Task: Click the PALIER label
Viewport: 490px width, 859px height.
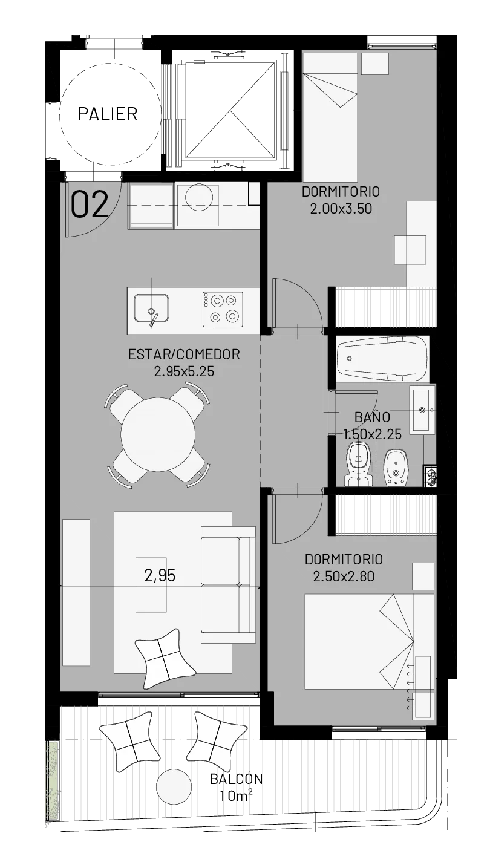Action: [x=107, y=114]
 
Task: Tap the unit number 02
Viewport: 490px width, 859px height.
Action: [x=90, y=205]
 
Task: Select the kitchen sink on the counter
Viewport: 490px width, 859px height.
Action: [x=151, y=309]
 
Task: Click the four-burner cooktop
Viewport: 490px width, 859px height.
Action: [x=223, y=310]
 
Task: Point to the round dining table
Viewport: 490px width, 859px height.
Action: [x=157, y=434]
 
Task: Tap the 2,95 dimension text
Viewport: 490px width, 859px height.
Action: [x=160, y=576]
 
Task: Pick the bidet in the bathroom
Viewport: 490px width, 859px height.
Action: [x=396, y=466]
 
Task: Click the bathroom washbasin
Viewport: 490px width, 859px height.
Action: [x=422, y=410]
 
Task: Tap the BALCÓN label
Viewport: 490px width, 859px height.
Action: [x=236, y=779]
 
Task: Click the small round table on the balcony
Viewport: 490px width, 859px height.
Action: [x=174, y=786]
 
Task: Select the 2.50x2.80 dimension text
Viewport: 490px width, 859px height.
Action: [x=344, y=576]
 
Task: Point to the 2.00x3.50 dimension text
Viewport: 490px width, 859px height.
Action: [x=341, y=209]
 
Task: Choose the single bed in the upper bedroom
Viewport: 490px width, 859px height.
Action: [x=330, y=117]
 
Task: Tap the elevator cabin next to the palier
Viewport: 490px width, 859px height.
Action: [x=230, y=109]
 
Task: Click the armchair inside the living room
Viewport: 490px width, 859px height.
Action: [x=165, y=658]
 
